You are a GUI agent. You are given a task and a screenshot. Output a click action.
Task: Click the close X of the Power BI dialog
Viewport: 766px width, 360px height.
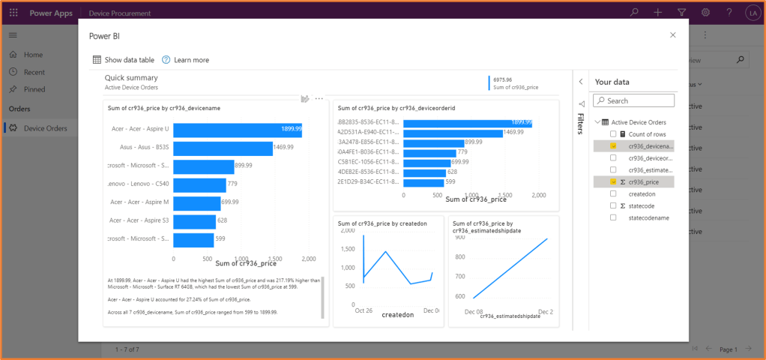tap(672, 35)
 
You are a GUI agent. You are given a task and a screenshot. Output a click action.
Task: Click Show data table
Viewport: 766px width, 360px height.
tap(123, 60)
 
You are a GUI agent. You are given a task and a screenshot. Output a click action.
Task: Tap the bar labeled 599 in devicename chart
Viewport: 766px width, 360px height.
tap(193, 238)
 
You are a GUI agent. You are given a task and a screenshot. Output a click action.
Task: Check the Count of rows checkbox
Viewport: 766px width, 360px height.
tap(613, 133)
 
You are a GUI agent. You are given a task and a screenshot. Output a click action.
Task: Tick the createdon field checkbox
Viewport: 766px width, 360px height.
tap(613, 193)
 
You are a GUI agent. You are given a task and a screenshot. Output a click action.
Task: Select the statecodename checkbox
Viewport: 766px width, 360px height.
tap(613, 217)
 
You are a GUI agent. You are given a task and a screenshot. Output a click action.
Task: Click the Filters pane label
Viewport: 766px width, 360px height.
tap(580, 123)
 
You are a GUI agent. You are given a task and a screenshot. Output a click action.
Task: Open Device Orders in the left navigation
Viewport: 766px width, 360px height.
tap(45, 128)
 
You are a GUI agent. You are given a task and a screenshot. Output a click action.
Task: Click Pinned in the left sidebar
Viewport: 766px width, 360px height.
tap(34, 89)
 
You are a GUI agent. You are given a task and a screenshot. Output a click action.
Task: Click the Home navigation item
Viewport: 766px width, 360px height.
tap(33, 55)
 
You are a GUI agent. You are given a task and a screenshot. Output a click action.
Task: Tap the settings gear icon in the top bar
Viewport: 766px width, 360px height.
tap(705, 13)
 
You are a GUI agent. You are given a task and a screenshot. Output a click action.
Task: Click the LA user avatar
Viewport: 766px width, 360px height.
tap(753, 13)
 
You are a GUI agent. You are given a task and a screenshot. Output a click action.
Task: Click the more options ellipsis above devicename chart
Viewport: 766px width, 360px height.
tap(319, 98)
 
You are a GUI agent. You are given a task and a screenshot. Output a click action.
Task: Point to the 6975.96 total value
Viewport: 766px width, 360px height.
tap(503, 79)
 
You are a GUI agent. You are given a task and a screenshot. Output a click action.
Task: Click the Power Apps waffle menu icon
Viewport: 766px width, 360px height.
tap(13, 13)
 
